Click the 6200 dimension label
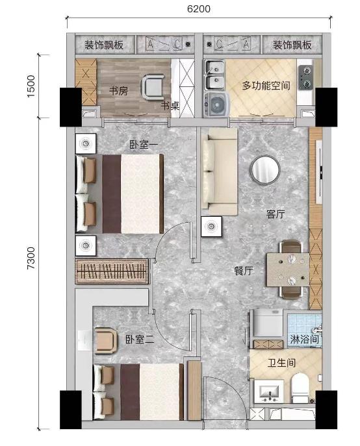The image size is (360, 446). click(x=198, y=8)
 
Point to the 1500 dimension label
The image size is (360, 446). click(x=31, y=86)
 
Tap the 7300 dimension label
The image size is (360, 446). click(x=31, y=258)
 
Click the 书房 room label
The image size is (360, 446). click(x=118, y=91)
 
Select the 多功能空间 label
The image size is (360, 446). click(x=266, y=85)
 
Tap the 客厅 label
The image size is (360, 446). click(x=276, y=214)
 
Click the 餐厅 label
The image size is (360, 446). click(x=244, y=271)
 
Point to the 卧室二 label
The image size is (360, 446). click(x=140, y=339)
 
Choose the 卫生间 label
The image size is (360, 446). click(x=281, y=363)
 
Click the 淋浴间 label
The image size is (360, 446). click(x=304, y=339)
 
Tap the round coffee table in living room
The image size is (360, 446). click(x=265, y=169)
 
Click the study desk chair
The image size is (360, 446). click(x=153, y=87)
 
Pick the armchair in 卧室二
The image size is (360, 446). click(x=106, y=340)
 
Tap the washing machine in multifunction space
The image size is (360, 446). click(x=217, y=105)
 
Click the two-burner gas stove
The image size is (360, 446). click(x=305, y=77)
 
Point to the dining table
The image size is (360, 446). click(x=288, y=269)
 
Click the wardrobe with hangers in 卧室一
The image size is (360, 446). click(x=112, y=271)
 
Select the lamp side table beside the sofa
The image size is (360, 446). click(x=211, y=227)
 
